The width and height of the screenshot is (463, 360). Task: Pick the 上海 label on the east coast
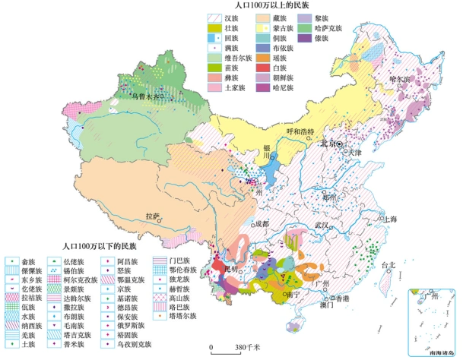point(390,218)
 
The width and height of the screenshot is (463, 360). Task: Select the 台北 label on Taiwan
point(388,266)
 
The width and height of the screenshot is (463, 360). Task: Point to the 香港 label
point(344,298)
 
